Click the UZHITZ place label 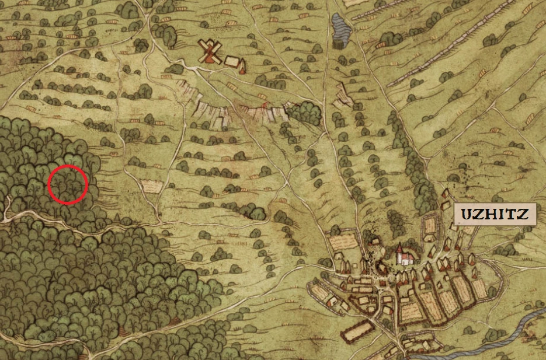coord(495,214)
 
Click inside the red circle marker coord(67,184)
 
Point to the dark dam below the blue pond coord(338,43)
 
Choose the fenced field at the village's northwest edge coord(342,243)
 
